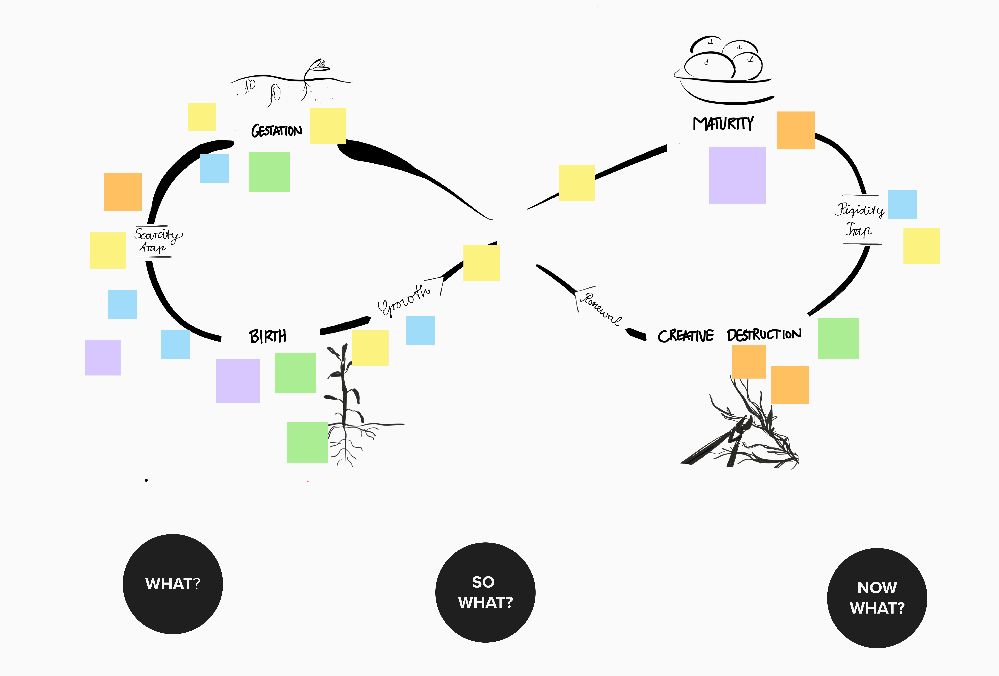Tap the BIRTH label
click(267, 336)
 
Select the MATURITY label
click(723, 123)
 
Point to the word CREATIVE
click(685, 336)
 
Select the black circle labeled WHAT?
click(173, 584)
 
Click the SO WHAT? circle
click(485, 593)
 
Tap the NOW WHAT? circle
click(877, 598)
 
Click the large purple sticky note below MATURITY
click(737, 175)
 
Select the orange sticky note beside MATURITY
click(796, 130)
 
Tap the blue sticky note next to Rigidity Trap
click(902, 205)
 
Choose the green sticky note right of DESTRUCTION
click(838, 338)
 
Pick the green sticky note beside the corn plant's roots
click(307, 442)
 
